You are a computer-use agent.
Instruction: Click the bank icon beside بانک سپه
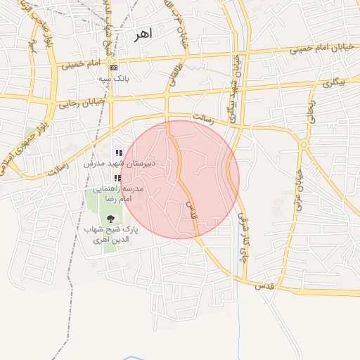[x=114, y=67]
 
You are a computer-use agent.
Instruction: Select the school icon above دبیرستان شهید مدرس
[x=119, y=153]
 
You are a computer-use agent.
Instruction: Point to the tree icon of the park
[x=109, y=219]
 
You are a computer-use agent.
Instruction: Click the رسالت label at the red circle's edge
[x=212, y=120]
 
